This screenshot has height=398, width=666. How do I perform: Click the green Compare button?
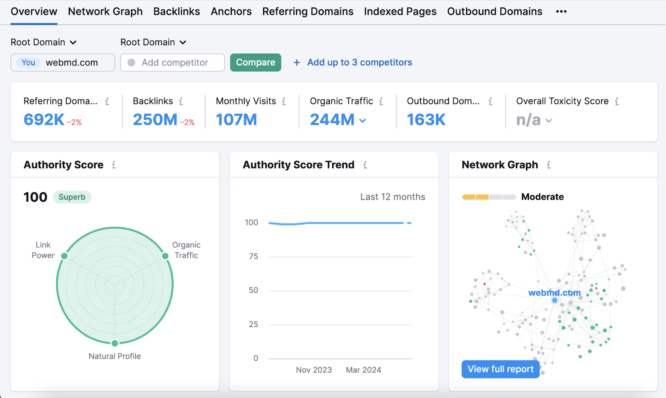[x=256, y=62]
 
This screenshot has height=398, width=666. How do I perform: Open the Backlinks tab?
[x=176, y=12]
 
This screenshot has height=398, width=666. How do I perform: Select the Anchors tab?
[x=231, y=12]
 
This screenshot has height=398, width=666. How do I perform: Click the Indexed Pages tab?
[x=400, y=12]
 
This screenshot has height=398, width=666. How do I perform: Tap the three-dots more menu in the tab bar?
[x=561, y=12]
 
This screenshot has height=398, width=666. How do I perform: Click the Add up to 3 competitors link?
[x=359, y=62]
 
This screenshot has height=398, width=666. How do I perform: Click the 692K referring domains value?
[x=44, y=120]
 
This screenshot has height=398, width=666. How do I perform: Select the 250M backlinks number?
[x=155, y=120]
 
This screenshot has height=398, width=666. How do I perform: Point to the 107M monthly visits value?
[x=236, y=120]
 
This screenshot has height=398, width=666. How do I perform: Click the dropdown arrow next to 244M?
[x=363, y=121]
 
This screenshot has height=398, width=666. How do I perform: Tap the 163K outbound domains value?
[x=426, y=120]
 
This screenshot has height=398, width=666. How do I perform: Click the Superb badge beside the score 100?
[x=72, y=197]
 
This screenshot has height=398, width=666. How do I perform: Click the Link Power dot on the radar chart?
[x=65, y=256]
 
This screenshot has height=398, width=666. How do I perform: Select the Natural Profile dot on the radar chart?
[x=115, y=343]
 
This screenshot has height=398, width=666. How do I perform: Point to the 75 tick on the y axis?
[x=253, y=257]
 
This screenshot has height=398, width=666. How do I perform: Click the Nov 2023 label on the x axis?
[x=314, y=370]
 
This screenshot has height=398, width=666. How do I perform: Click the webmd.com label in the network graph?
[x=554, y=293]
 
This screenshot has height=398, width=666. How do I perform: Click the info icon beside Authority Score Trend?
[x=365, y=165]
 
